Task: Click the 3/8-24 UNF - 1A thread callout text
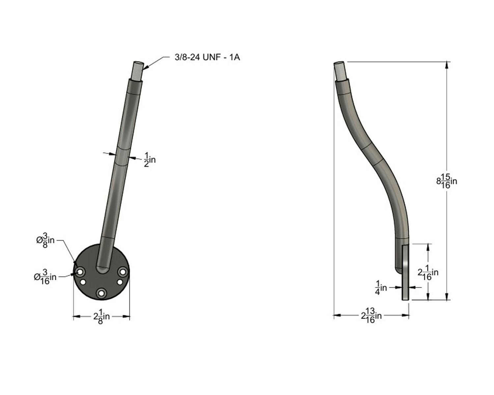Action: click(207, 57)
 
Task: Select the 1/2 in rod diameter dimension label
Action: click(150, 160)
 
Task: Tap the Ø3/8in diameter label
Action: click(45, 240)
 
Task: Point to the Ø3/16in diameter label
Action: click(45, 277)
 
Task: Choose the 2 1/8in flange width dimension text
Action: click(101, 317)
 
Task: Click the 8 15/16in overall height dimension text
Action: click(447, 181)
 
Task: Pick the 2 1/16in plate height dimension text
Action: click(428, 273)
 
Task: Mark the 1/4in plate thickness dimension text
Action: click(381, 288)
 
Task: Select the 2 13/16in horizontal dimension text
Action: click(371, 316)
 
